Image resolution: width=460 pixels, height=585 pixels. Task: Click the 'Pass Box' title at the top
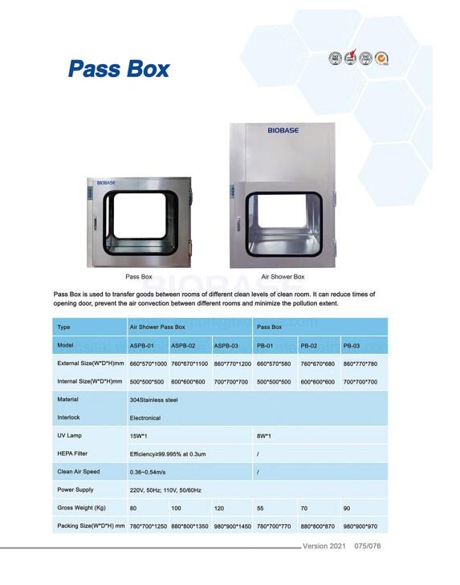[119, 69]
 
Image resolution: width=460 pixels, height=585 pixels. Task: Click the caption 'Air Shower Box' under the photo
[283, 277]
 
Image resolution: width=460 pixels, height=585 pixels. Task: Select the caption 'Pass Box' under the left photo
[139, 277]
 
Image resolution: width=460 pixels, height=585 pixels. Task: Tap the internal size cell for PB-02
[317, 382]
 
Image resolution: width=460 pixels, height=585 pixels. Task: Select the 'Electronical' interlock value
[145, 418]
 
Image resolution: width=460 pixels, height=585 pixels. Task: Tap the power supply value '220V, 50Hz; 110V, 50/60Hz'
[165, 490]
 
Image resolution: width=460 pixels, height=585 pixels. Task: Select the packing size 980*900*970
[360, 526]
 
